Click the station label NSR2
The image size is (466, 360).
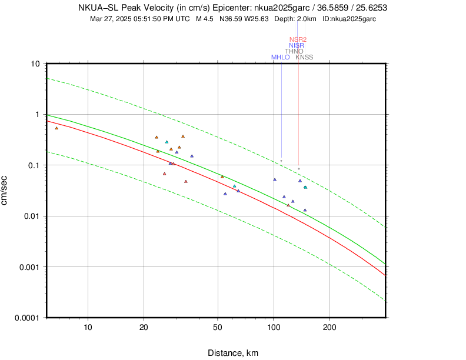298,39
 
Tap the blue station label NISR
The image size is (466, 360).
297,45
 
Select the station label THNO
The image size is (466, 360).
294,51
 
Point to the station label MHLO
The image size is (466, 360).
280,57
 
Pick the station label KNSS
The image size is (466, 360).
304,57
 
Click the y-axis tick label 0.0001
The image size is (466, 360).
28,318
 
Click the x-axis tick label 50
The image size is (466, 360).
218,328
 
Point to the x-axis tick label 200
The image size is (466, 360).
329,328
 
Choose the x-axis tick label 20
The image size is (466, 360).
144,328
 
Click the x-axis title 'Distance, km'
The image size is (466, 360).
233,353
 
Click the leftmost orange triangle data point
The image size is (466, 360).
56,128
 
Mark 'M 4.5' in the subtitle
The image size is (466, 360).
205,19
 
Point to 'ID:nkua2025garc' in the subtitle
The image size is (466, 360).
349,19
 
